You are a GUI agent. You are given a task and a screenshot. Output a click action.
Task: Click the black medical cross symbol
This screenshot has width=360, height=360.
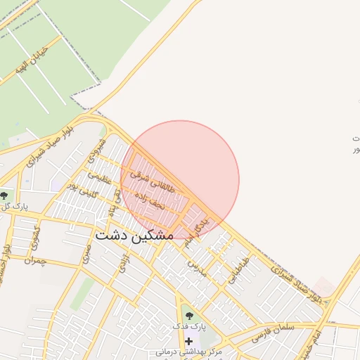[188, 341]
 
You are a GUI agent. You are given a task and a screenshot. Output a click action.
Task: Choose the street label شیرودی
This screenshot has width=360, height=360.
[97, 150]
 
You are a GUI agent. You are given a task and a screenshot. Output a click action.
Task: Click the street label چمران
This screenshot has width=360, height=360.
[33, 261]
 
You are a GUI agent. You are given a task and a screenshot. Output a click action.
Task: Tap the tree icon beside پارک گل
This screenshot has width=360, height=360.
[4, 195]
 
